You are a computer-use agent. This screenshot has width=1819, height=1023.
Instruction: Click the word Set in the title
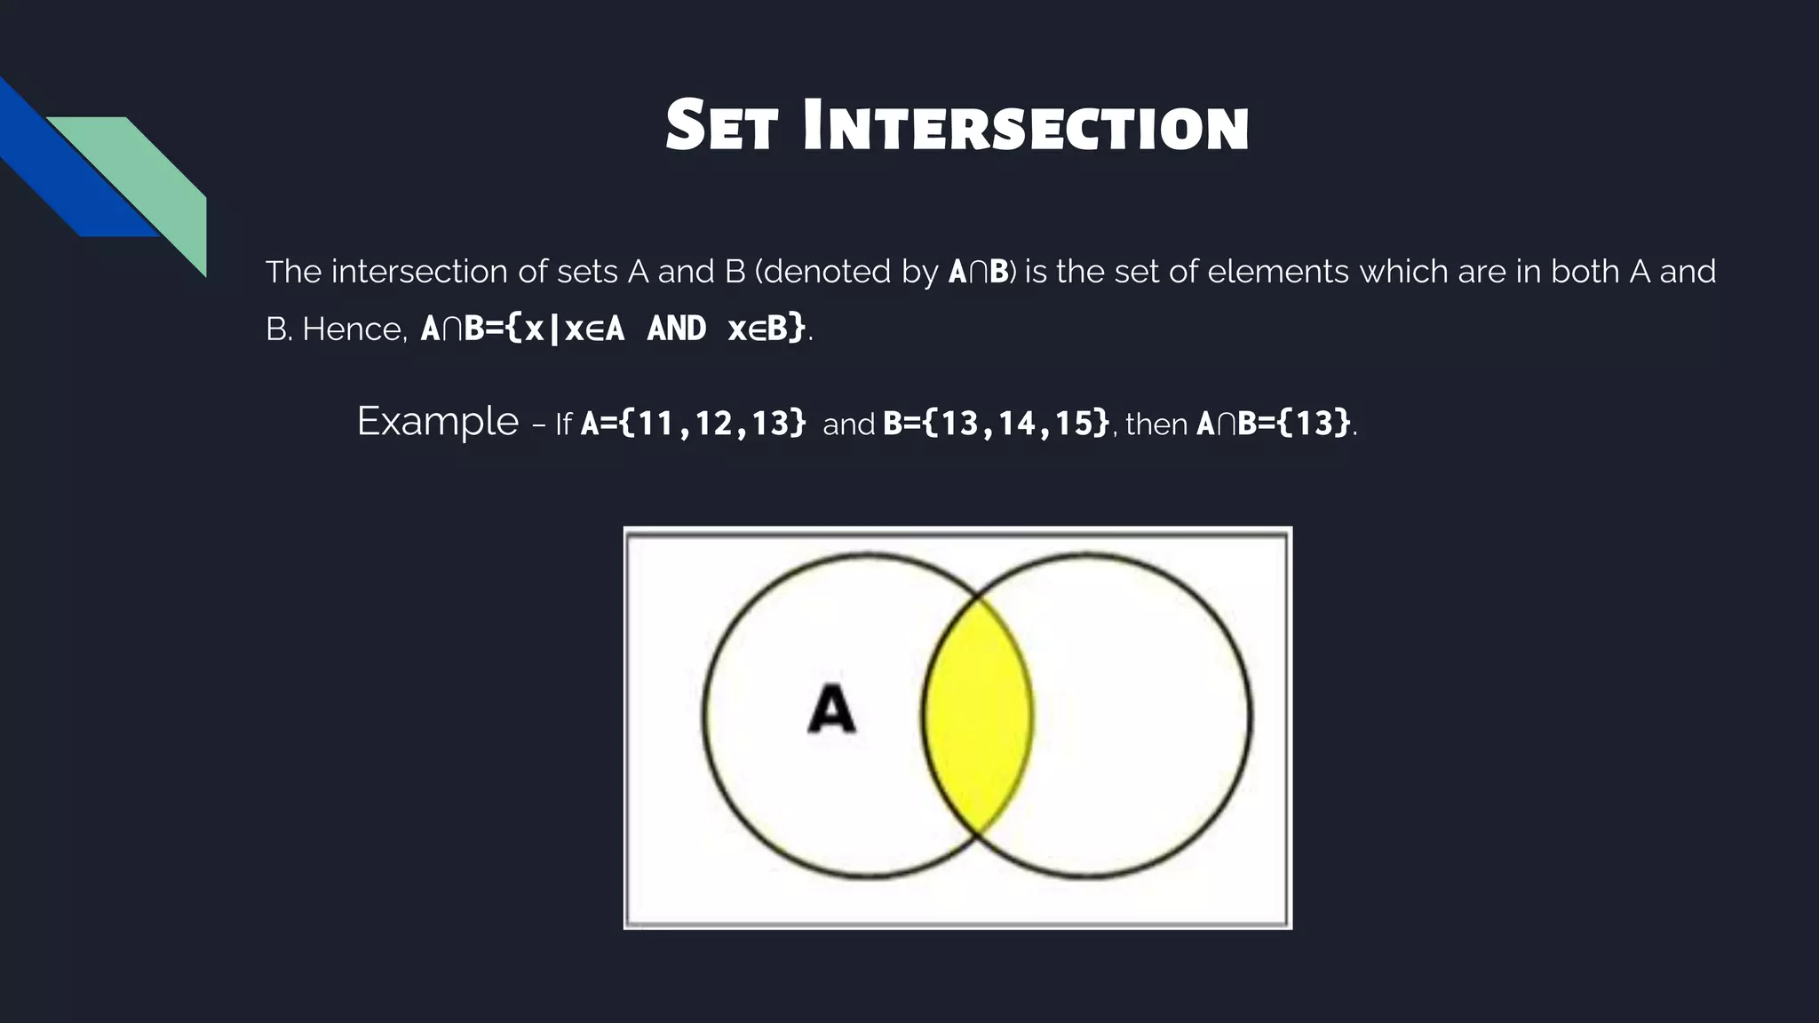tap(724, 127)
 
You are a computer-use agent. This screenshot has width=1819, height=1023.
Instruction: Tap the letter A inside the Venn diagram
tap(831, 709)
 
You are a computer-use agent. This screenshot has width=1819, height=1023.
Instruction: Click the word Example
tap(437, 421)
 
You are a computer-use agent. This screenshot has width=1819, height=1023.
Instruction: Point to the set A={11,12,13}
tap(693, 423)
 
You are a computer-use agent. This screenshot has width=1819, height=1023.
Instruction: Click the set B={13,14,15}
tap(996, 423)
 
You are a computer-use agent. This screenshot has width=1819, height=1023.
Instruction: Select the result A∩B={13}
tap(1274, 423)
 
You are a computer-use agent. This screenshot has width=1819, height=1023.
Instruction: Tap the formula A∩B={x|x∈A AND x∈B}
tap(613, 329)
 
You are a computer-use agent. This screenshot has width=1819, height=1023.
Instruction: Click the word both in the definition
tap(1586, 272)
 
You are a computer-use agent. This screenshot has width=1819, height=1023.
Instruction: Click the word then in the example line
tap(1156, 424)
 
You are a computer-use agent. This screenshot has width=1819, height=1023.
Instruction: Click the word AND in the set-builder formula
tap(677, 329)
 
